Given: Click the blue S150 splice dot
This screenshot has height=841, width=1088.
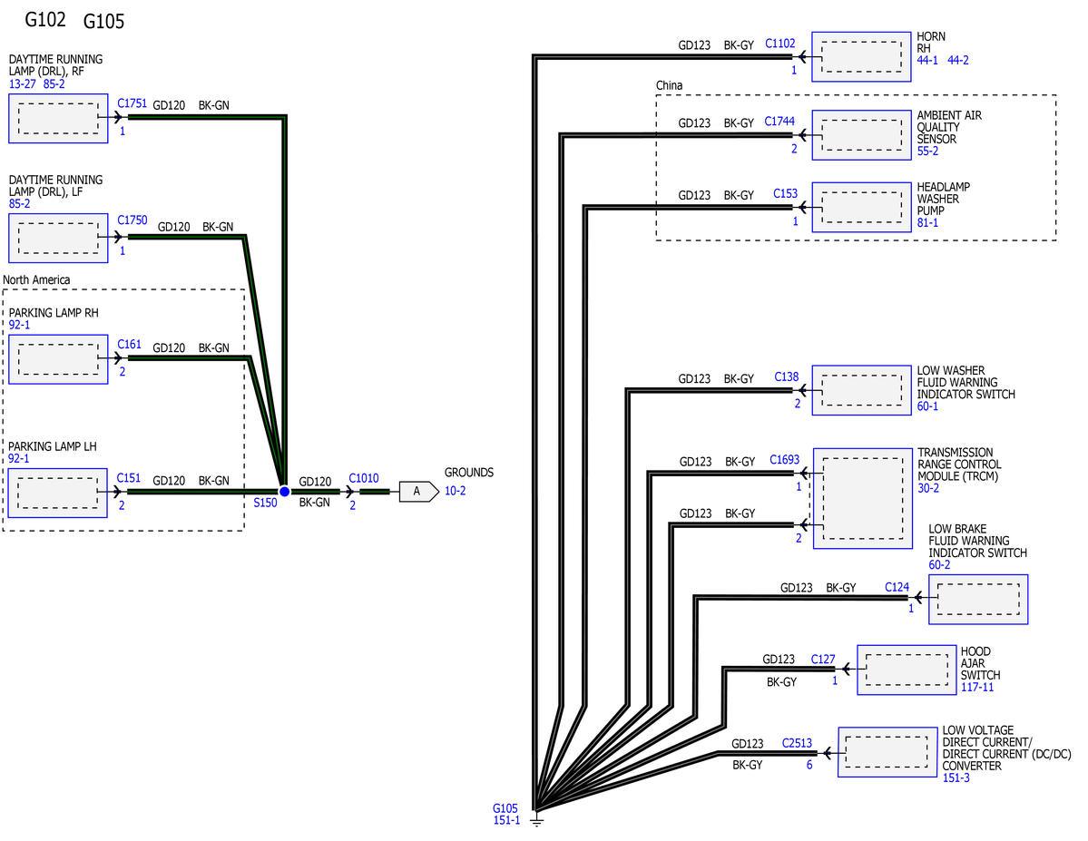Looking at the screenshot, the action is point(284,492).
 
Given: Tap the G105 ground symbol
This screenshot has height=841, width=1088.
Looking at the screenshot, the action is point(536,820).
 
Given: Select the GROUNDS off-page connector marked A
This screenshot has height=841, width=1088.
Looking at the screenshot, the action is point(419,492).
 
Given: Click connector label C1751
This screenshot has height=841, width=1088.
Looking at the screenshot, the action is point(132,103).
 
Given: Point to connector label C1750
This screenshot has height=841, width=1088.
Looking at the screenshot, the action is point(132,220).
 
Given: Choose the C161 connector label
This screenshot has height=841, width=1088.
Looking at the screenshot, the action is point(129,344).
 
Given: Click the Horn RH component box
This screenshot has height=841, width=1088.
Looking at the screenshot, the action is point(861,56).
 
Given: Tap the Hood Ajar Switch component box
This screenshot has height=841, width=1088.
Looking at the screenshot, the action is point(907,670).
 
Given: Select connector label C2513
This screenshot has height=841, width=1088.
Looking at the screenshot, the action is point(798,743).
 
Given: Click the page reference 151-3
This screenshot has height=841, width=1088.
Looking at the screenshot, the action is point(956,777).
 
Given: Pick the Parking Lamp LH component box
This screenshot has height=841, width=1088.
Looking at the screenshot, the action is point(57,493).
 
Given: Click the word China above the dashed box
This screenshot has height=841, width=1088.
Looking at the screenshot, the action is point(669,85).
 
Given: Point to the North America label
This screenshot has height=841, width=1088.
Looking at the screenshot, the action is point(36,279).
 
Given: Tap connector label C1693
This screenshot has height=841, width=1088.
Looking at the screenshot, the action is point(784,459).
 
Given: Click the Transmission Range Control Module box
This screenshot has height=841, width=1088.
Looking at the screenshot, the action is point(862,498).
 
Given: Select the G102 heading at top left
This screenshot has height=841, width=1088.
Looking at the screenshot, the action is point(45,19).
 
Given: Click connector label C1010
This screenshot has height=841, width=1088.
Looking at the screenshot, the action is point(364,478).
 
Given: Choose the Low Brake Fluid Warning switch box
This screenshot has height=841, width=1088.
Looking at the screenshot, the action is point(977,600).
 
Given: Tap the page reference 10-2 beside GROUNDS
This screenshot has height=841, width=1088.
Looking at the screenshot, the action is point(456,491).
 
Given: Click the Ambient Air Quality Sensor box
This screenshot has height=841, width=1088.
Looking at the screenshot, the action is point(861,134).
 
